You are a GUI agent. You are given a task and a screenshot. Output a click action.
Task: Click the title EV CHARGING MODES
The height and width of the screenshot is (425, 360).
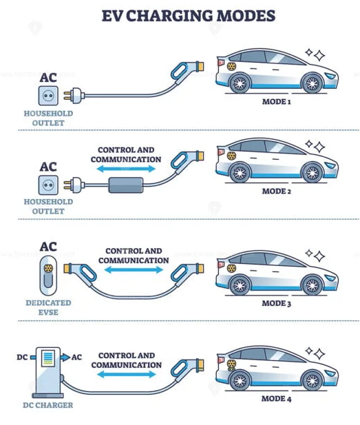click(189, 16)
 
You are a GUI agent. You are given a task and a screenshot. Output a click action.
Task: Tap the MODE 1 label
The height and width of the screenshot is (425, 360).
click(276, 102)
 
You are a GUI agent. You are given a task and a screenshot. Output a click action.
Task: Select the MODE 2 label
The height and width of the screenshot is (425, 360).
click(276, 191)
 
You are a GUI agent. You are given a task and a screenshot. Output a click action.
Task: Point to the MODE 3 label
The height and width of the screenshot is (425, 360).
click(276, 303)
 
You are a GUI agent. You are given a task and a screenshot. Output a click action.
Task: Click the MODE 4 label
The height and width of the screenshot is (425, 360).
click(276, 399)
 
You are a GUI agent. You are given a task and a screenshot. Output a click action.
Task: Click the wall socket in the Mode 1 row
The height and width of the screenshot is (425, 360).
click(48, 96)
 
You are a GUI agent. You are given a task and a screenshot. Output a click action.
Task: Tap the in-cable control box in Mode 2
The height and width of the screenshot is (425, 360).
click(126, 185)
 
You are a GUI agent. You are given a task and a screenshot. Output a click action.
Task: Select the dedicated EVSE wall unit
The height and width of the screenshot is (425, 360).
click(48, 276)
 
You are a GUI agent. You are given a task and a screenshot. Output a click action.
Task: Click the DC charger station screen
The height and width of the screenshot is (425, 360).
click(47, 357)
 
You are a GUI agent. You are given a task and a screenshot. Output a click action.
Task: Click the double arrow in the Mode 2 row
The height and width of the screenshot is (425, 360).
click(126, 169)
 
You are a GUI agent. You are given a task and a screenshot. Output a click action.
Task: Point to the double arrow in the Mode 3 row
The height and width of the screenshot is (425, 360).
click(134, 270)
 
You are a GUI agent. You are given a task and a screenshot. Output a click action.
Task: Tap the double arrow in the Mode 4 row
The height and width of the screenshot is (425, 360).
click(126, 375)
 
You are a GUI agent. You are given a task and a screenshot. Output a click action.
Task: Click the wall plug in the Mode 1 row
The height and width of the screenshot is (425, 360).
click(74, 96)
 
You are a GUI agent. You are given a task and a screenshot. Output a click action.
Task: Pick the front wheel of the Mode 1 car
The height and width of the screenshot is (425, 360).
click(312, 83)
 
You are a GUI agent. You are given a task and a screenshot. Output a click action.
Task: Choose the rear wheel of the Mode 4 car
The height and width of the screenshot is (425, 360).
click(240, 380)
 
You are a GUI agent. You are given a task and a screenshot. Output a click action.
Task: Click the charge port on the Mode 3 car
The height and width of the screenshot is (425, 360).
click(231, 269)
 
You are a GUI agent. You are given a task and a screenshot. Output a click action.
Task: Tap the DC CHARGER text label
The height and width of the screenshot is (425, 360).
click(48, 405)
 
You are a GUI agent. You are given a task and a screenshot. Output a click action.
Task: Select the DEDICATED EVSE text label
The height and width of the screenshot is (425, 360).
click(48, 308)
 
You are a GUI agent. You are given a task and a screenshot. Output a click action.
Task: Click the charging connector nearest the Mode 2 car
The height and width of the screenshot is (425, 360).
click(187, 162)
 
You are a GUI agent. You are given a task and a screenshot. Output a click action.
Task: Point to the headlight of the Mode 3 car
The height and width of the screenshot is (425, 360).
click(330, 278)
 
